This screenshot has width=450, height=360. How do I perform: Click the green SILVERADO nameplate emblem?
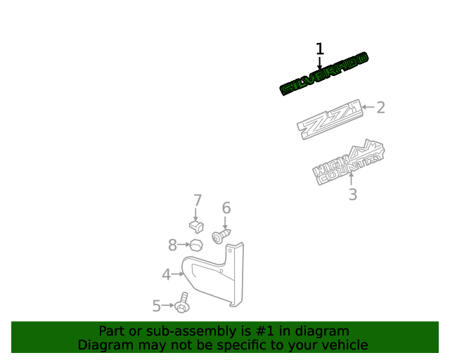tap(324, 74)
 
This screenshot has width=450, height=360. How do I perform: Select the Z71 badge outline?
tap(330, 120)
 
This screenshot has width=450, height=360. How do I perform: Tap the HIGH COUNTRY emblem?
tap(349, 163)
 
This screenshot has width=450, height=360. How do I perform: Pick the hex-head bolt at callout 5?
tap(182, 304)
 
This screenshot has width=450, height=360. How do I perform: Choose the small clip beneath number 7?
tap(197, 227)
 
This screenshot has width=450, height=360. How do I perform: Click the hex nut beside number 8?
tap(196, 245)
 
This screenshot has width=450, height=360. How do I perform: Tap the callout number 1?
tap(320, 49)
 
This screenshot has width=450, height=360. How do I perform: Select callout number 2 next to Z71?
tap(380, 108)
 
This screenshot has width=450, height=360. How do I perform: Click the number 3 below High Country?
tap(353, 194)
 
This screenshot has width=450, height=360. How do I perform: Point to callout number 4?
tap(167, 274)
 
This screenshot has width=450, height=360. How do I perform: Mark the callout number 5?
tap(156, 306)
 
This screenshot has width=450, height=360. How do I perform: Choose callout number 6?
tap(226, 208)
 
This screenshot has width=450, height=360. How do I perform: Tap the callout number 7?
tap(198, 200)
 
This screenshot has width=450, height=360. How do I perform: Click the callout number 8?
tap(172, 245)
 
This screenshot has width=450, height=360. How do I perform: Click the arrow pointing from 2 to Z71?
tap(368, 107)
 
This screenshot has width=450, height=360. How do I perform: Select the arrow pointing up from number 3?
tap(351, 179)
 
